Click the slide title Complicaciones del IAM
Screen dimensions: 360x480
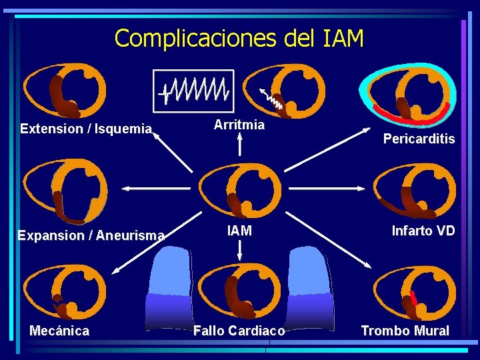tap(239, 38)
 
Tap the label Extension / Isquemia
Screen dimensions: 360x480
tap(86, 129)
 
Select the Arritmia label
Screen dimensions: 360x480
tap(239, 125)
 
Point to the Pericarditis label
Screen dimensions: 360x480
tap(419, 139)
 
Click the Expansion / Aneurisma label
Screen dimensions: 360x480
tap(91, 235)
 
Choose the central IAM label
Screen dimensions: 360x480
tap(239, 231)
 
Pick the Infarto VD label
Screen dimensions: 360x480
tap(423, 231)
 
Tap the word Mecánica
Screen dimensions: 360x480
tap(59, 331)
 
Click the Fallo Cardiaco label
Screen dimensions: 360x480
tap(239, 331)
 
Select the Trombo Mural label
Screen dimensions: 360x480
tap(405, 331)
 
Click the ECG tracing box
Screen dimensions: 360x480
tap(194, 91)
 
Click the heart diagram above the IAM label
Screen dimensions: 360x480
tap(240, 193)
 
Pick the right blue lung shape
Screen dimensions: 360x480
tap(311, 287)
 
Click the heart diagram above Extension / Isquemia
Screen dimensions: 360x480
tap(64, 91)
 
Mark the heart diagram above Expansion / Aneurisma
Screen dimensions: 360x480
tap(64, 192)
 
